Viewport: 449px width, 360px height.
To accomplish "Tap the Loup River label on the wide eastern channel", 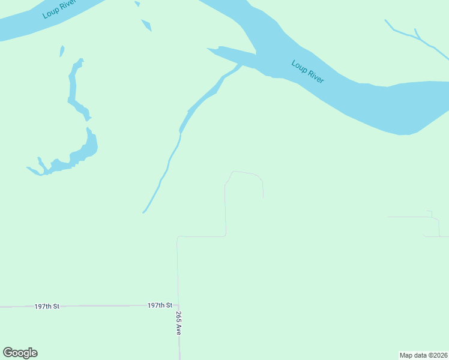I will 308,71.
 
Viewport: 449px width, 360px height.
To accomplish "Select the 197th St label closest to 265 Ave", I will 160,305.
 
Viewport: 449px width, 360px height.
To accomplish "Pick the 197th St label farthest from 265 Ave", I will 47,306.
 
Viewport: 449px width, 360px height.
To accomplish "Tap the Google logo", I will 20,353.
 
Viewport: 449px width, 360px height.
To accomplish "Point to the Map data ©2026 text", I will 423,355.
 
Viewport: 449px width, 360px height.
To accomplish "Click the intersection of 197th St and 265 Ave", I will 178,305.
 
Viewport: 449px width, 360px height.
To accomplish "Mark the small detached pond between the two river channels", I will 146,25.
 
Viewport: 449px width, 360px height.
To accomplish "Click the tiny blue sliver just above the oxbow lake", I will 62,51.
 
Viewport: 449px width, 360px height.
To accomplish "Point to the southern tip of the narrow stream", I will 143,212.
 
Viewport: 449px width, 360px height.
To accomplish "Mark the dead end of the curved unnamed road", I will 263,197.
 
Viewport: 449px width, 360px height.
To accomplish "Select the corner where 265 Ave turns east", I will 178,237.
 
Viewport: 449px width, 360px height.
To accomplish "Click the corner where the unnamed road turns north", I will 225,235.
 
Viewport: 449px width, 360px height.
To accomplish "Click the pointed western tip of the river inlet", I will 208,49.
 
